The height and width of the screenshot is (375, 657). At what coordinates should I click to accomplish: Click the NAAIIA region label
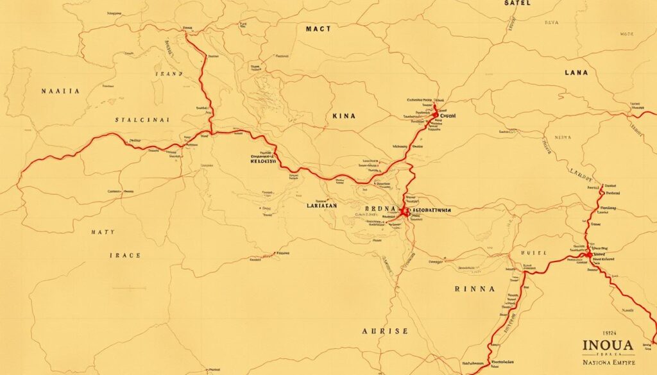[60, 92]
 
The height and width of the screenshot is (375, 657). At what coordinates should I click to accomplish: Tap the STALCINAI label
[142, 120]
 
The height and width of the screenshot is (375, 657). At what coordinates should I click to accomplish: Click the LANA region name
[576, 73]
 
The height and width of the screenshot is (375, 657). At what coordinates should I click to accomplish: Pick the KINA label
[344, 117]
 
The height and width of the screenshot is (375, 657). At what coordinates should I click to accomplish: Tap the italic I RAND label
[169, 74]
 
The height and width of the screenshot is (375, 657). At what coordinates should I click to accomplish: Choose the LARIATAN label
[323, 207]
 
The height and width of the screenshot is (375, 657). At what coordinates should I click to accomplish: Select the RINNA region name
[474, 289]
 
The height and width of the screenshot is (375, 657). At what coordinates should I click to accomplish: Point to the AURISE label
[385, 331]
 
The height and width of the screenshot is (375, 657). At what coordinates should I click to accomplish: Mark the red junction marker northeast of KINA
[436, 116]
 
